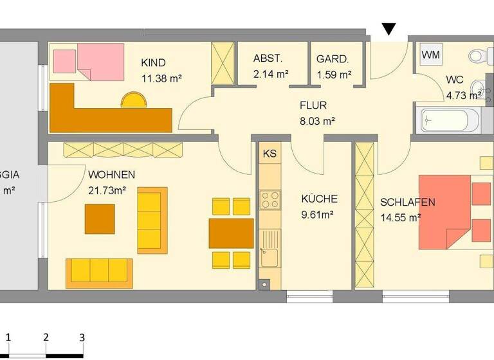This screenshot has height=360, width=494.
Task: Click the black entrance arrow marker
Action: (389, 29)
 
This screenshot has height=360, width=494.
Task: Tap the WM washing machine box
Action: (430, 55)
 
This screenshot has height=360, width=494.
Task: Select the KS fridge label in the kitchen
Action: (270, 154)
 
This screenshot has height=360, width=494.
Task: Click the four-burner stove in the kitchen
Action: (270, 199)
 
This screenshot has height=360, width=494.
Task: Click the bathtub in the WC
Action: (450, 120)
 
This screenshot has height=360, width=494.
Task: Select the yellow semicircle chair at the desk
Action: (134, 100)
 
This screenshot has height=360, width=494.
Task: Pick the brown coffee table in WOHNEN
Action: (100, 219)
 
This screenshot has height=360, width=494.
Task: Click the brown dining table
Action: (231, 233)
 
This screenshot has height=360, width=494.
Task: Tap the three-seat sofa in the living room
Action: (99, 272)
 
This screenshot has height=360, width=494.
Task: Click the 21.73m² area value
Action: (107, 190)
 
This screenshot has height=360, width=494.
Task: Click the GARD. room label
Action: (333, 59)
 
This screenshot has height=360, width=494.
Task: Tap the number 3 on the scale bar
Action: (82, 336)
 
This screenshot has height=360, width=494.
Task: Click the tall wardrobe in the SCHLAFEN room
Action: (365, 215)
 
